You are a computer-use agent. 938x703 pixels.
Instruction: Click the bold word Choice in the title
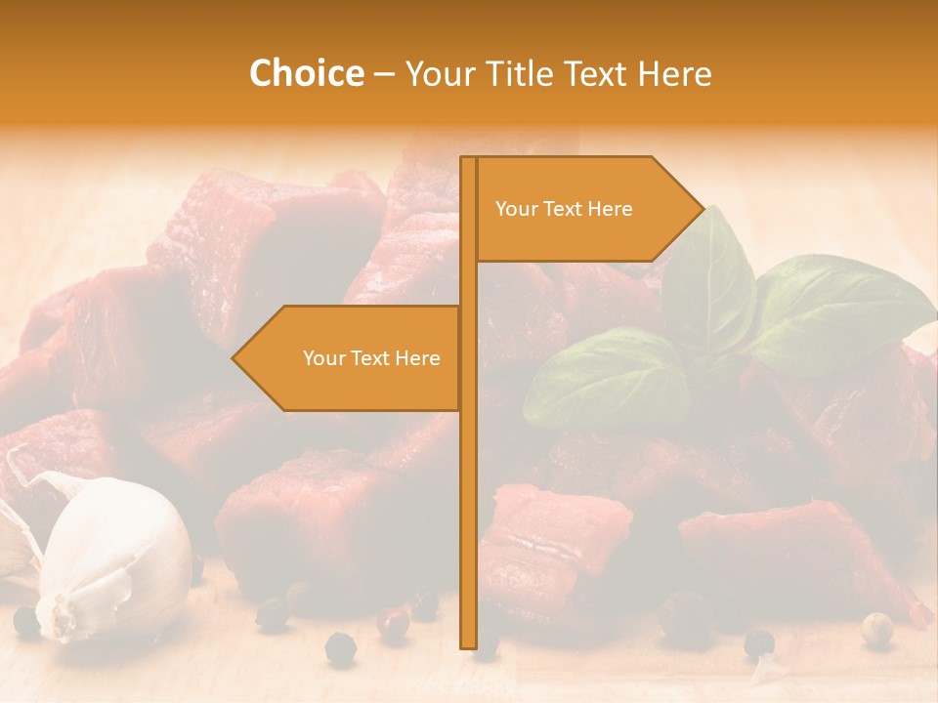[306, 73]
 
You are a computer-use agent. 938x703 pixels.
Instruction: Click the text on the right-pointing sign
[564, 209]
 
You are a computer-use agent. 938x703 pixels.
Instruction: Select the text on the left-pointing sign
[371, 358]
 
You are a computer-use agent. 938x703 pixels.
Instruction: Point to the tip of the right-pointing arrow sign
[702, 208]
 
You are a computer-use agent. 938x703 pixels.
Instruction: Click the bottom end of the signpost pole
[468, 644]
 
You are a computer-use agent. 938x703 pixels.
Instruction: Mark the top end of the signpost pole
[468, 160]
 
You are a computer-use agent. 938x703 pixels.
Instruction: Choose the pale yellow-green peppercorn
[876, 627]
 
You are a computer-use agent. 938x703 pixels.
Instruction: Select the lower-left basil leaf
[606, 381]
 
